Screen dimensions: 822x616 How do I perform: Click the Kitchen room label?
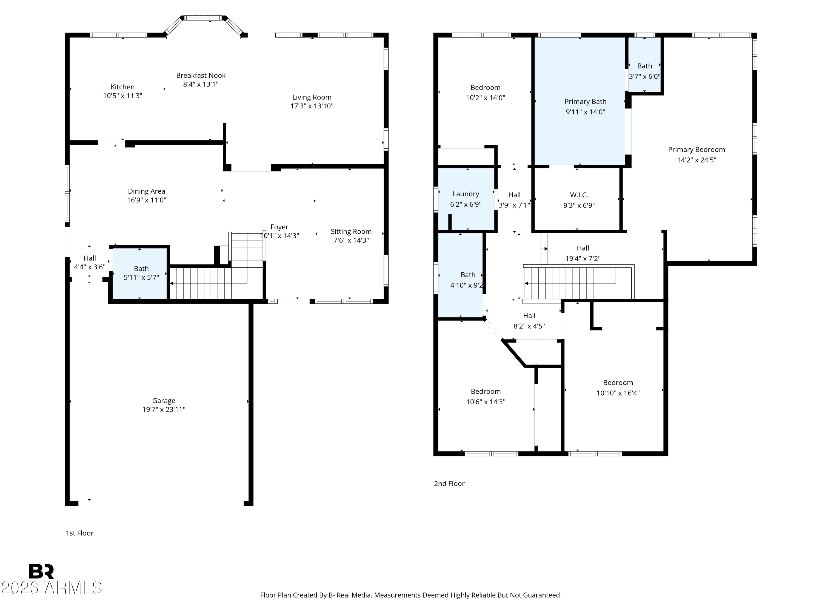(123, 87)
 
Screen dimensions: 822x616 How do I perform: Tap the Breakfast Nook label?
(201, 75)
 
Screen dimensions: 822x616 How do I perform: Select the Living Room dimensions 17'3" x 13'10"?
(312, 106)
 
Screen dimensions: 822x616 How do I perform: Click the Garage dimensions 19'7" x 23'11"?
(164, 410)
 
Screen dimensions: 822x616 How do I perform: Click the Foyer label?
(279, 227)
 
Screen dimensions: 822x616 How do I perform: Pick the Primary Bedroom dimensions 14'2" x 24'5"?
(697, 160)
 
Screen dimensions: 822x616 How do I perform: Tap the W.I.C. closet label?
(579, 195)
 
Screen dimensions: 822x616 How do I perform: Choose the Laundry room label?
(466, 194)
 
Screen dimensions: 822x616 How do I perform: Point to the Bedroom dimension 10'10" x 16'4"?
(618, 393)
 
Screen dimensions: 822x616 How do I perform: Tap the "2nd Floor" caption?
(449, 484)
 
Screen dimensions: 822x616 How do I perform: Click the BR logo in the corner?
(41, 571)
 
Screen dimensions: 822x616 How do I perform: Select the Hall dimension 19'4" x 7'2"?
(583, 259)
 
